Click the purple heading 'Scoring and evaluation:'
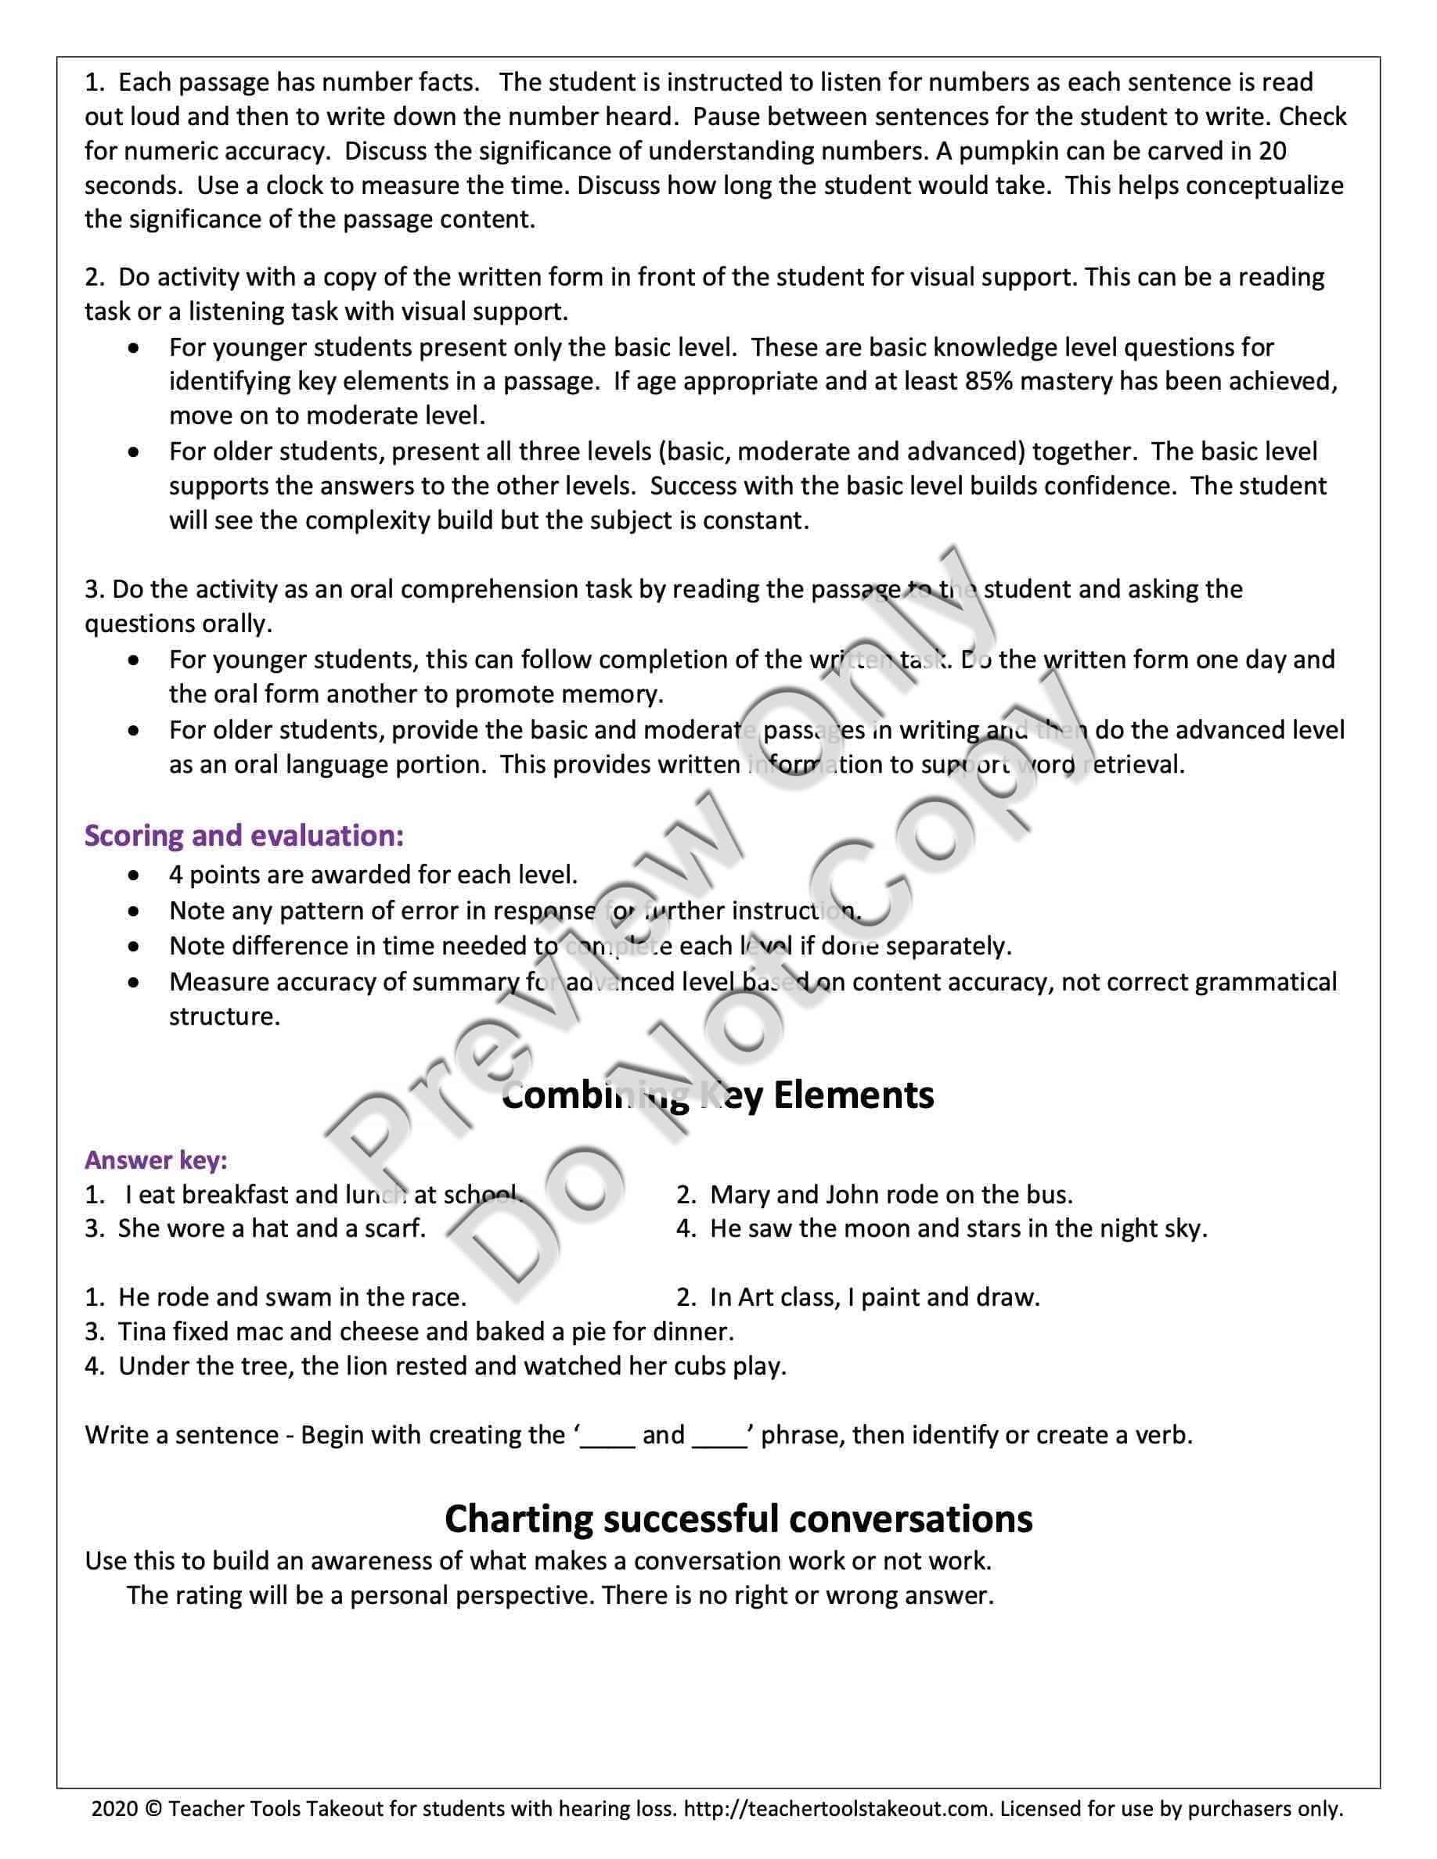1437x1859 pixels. pos(243,836)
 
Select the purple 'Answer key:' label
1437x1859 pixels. pos(156,1160)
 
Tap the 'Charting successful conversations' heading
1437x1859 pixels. pos(738,1518)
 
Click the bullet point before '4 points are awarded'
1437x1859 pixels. pos(135,874)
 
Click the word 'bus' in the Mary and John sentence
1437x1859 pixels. pos(1049,1194)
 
